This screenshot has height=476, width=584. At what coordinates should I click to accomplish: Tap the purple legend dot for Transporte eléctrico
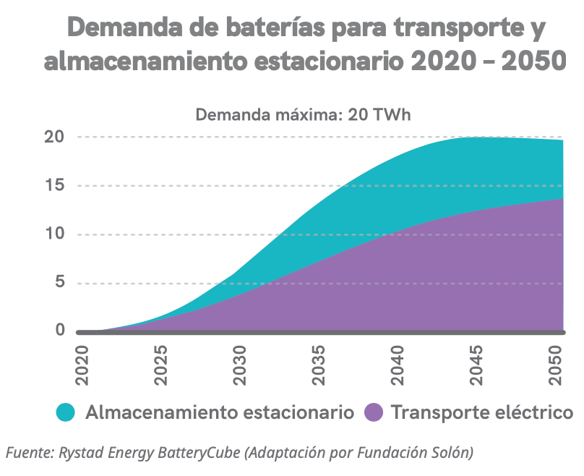coord(373,412)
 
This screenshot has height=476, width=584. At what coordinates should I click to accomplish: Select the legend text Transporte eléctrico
coord(482,413)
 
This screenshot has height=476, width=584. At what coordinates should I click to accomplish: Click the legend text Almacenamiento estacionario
coord(220,413)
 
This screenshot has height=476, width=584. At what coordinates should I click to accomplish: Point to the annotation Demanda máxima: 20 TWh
coord(304,115)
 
